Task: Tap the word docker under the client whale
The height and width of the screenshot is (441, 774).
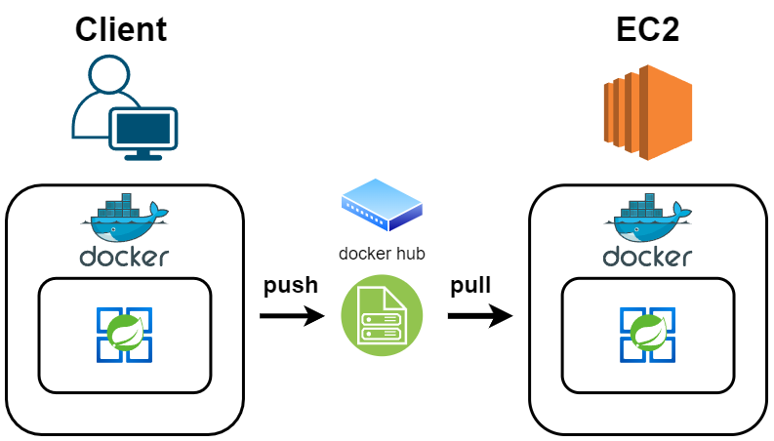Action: pos(124,258)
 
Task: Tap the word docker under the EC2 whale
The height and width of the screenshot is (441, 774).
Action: pos(647,258)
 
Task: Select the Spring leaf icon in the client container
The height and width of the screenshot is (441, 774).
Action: pos(125,335)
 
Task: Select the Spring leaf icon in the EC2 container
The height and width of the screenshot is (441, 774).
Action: pos(647,335)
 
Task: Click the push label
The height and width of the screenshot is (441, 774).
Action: pos(290,286)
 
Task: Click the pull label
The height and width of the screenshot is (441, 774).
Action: pos(470,286)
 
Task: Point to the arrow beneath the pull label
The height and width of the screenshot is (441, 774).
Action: pos(480,316)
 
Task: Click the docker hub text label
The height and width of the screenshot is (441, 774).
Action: pos(382,254)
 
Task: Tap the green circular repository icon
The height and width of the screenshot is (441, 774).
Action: pos(382,316)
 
